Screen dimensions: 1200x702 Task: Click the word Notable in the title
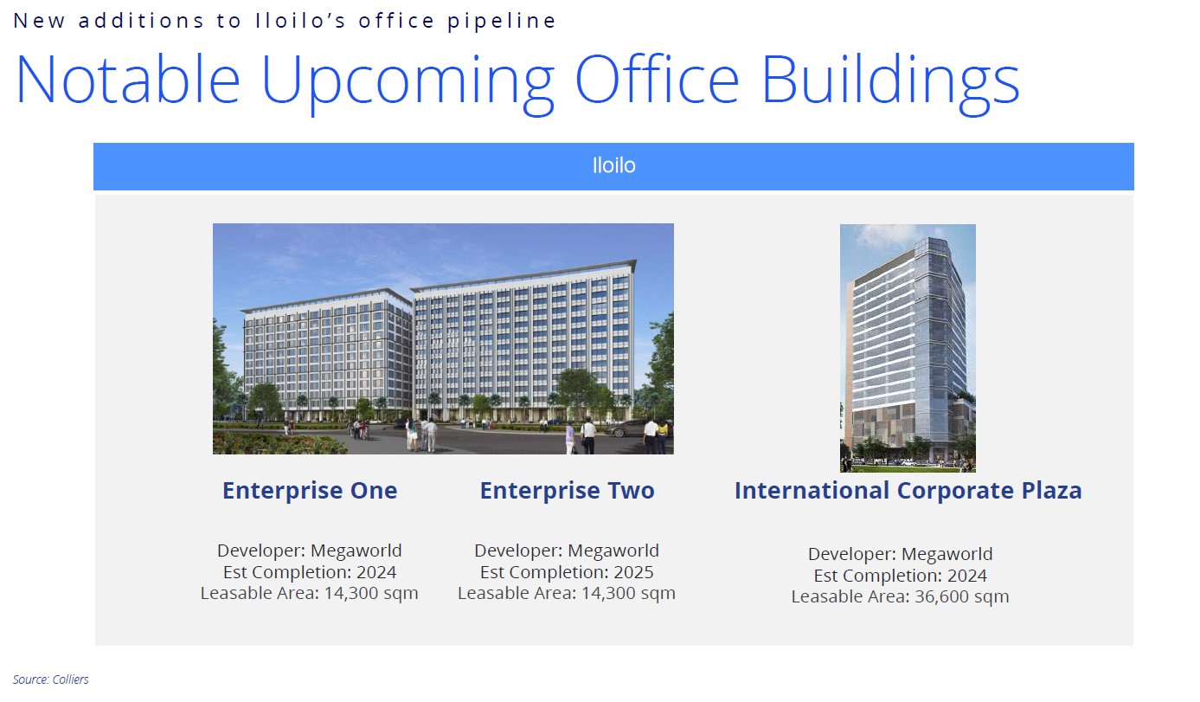[x=128, y=79]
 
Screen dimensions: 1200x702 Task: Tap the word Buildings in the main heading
[x=889, y=84]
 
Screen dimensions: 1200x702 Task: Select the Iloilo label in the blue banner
[x=614, y=165]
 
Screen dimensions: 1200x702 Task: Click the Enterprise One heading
[x=310, y=490]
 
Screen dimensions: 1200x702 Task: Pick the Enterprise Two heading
[x=567, y=490]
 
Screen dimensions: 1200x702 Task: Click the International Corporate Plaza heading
[x=908, y=490]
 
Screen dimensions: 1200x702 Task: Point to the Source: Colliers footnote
[x=51, y=679]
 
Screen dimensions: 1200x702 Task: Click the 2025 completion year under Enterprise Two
[x=633, y=572]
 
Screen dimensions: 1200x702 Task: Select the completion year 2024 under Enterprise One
[x=376, y=572]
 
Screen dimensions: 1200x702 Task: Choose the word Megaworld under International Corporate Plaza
[x=947, y=554]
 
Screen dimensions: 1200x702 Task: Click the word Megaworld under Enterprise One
[x=356, y=551]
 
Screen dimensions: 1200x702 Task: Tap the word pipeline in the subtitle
[x=502, y=21]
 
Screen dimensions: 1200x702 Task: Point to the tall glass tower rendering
[x=908, y=348]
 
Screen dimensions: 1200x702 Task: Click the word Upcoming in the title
[x=407, y=84]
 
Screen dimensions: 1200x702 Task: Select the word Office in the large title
[x=658, y=79]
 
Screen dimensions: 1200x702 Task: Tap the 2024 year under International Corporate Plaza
[x=967, y=576]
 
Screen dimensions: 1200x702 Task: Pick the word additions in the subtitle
[x=141, y=21]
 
